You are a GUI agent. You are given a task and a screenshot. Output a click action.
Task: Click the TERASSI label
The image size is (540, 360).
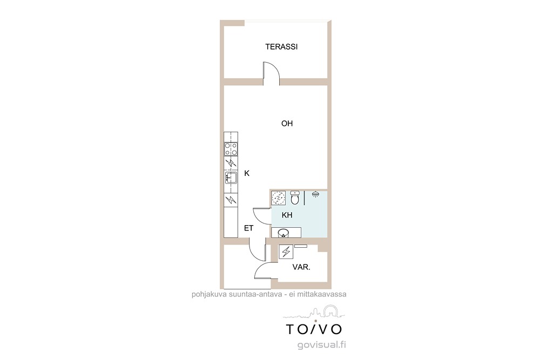coord(281,47)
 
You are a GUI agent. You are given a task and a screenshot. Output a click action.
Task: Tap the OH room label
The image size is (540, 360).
coord(287,124)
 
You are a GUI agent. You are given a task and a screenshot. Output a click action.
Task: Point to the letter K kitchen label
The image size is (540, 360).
coord(247,173)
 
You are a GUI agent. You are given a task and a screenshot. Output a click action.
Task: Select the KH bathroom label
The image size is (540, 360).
coord(287,215)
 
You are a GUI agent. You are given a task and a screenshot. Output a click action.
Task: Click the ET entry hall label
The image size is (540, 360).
coord(248,228)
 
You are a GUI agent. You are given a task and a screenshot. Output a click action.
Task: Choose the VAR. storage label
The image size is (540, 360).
coord(301,267)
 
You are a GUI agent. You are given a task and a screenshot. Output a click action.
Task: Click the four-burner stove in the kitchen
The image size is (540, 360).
coord(231,150)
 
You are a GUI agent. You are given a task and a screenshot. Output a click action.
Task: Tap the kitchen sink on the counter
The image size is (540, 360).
coord(231,178)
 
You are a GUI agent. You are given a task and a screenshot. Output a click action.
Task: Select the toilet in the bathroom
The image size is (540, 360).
coord(295,197)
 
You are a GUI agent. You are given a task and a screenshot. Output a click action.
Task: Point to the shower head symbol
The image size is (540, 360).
coord(315,194)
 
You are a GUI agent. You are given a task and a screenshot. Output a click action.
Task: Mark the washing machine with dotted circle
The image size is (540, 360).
coord(278,198)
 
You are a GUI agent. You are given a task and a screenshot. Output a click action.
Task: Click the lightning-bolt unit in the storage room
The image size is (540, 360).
coord(286,252)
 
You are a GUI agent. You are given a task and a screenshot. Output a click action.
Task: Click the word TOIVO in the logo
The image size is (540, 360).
coord(314,329)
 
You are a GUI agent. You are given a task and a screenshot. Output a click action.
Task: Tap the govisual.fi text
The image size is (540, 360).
coord(322,345)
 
